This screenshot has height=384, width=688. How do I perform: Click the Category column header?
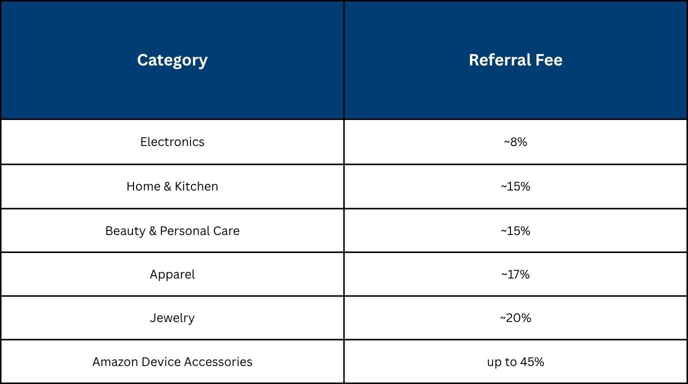pos(172,60)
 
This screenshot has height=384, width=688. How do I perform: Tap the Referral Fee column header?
pos(515,60)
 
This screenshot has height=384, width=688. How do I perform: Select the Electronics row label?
pos(172,142)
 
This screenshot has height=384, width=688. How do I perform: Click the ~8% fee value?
pos(515,142)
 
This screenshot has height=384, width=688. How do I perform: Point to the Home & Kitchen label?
pos(172,186)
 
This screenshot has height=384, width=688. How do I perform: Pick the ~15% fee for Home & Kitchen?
pos(515,186)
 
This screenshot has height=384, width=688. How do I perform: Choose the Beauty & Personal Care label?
pos(172,231)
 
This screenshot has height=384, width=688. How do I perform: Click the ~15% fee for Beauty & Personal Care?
pos(515,231)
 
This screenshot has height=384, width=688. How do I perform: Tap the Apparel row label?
pos(172,274)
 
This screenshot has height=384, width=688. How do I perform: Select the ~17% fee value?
pos(515,274)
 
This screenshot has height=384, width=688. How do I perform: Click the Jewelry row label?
pos(172,318)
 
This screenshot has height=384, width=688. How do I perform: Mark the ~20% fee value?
pos(515,318)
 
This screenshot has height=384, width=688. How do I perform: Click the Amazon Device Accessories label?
pos(172,362)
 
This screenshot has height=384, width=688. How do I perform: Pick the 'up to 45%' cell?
pos(515,362)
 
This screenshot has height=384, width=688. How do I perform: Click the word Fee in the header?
pos(549,60)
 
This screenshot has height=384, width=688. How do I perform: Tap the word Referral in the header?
pos(499,60)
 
